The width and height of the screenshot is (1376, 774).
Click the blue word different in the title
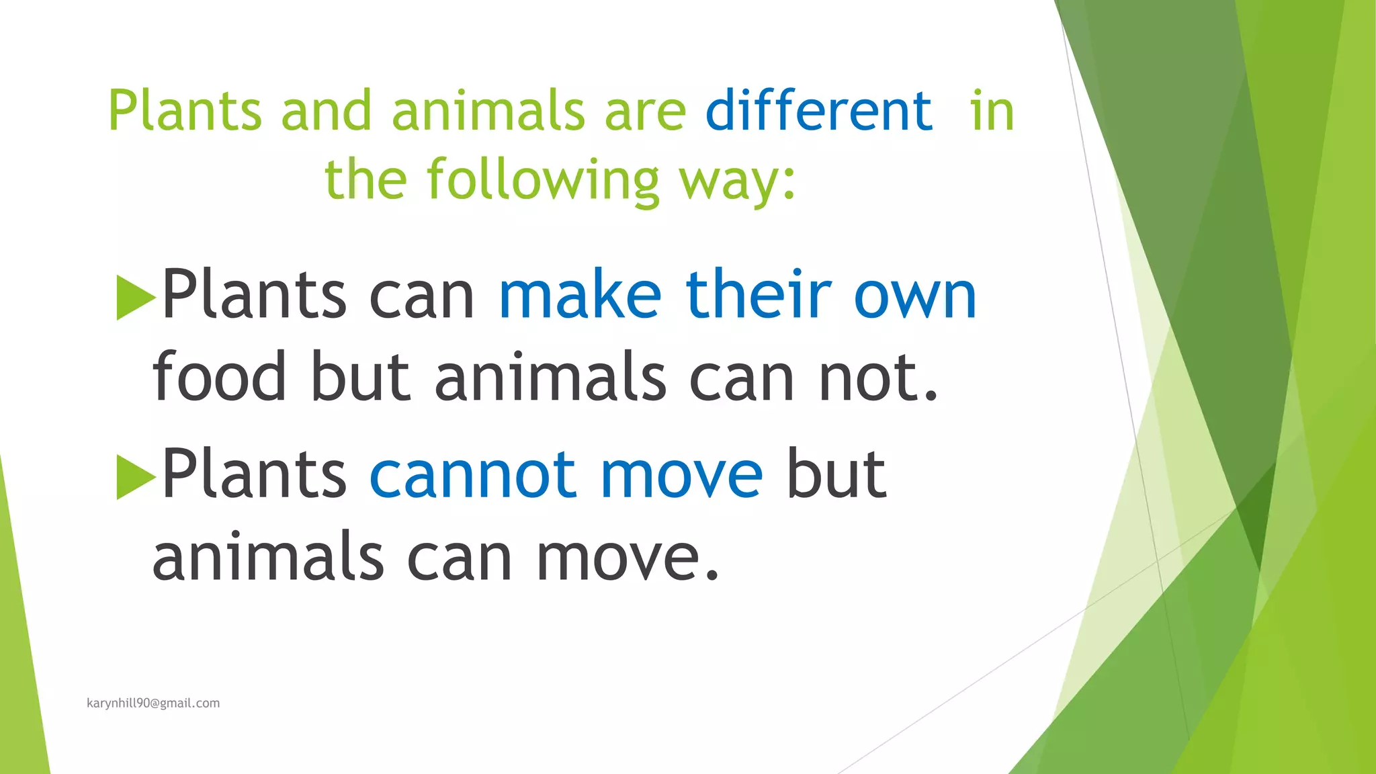click(818, 111)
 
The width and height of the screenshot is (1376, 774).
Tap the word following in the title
click(543, 180)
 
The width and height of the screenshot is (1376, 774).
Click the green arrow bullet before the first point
click(135, 297)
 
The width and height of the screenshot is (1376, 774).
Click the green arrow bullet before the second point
click(135, 477)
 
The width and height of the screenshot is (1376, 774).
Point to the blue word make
click(580, 295)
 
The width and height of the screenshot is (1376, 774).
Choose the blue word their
click(758, 295)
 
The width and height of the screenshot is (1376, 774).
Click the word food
click(219, 377)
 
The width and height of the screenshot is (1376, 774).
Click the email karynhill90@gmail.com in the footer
click(153, 703)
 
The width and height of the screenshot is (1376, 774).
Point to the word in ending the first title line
click(991, 111)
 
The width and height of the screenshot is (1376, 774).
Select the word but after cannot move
click(836, 476)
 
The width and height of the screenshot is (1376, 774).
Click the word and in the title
click(326, 111)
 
